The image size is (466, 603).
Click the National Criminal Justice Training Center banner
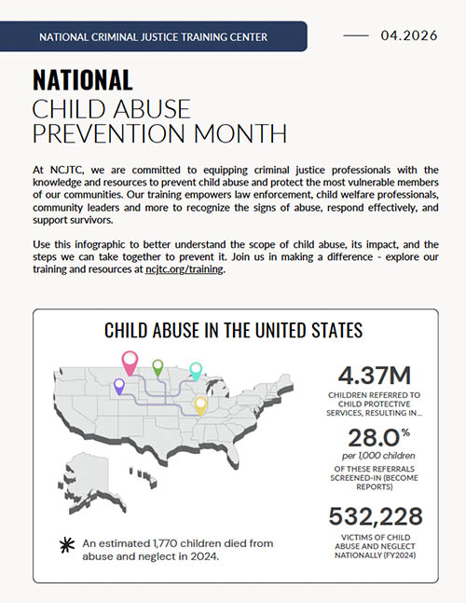point(154,37)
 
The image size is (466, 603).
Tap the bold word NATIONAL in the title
point(82,80)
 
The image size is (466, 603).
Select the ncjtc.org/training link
point(185,269)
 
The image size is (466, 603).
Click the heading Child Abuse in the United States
point(233,330)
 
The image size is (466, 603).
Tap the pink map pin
point(130,361)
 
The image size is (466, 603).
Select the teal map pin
point(196,370)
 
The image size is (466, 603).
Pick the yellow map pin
point(199,404)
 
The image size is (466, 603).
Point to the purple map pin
point(118,384)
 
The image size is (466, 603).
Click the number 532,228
point(374,515)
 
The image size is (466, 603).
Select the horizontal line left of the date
point(356,36)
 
